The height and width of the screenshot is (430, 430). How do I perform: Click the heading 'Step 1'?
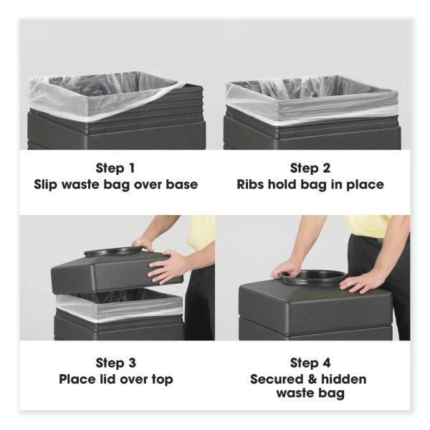pyautogui.click(x=115, y=168)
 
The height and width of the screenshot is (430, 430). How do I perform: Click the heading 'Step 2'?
pyautogui.click(x=310, y=168)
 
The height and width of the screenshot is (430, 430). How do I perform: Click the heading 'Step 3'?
pyautogui.click(x=115, y=363)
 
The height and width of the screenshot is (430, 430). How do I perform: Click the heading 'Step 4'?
pyautogui.click(x=310, y=363)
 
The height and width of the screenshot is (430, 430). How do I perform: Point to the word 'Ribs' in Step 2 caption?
pyautogui.click(x=252, y=185)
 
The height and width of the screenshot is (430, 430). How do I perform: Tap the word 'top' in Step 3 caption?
pyautogui.click(x=161, y=379)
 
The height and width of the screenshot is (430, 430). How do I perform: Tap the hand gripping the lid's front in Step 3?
pyautogui.click(x=169, y=267)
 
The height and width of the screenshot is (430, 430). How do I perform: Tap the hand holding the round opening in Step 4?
pyautogui.click(x=288, y=269)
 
